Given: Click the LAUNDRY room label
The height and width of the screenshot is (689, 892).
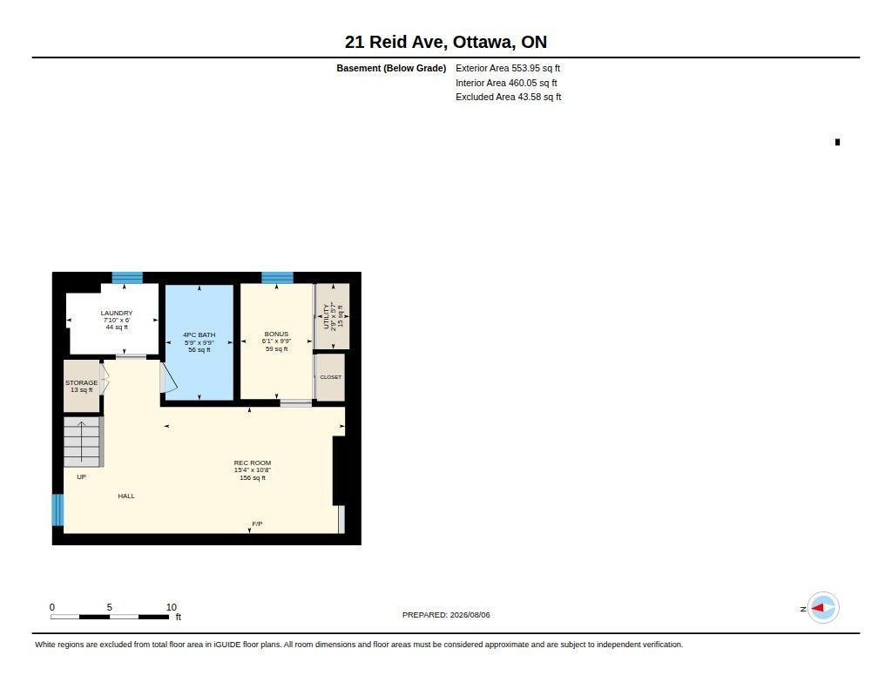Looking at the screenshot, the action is (x=117, y=313).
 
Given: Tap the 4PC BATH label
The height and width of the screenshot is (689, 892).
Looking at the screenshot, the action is (x=199, y=335).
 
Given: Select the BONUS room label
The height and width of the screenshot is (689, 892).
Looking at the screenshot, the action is (x=276, y=334).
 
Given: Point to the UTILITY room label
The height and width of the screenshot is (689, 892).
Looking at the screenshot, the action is (x=326, y=316).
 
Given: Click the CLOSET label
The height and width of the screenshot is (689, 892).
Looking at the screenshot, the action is (x=330, y=377).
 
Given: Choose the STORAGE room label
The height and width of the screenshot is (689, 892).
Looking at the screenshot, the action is (x=81, y=383).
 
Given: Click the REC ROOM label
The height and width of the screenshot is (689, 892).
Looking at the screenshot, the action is (x=253, y=463).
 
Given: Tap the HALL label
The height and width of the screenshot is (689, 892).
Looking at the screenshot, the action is (x=126, y=496).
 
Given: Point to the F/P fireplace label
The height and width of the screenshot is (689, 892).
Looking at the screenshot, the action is (x=257, y=524).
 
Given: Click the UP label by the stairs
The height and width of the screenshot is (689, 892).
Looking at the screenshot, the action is (x=81, y=476).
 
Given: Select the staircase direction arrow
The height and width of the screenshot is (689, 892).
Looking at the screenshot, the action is (x=81, y=442).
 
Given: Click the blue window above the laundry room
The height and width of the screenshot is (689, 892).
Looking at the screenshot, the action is (x=127, y=278).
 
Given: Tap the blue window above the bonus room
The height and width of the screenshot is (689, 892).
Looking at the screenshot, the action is (x=277, y=278).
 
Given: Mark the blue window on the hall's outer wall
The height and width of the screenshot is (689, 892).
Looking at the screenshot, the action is (x=57, y=510).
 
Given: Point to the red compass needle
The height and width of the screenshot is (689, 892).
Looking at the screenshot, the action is (x=817, y=608).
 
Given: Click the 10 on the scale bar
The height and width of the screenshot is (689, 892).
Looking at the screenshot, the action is (x=172, y=607).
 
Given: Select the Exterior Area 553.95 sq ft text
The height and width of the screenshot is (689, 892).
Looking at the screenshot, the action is (x=508, y=68).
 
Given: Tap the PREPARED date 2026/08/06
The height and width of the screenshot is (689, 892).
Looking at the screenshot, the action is (x=470, y=615).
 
